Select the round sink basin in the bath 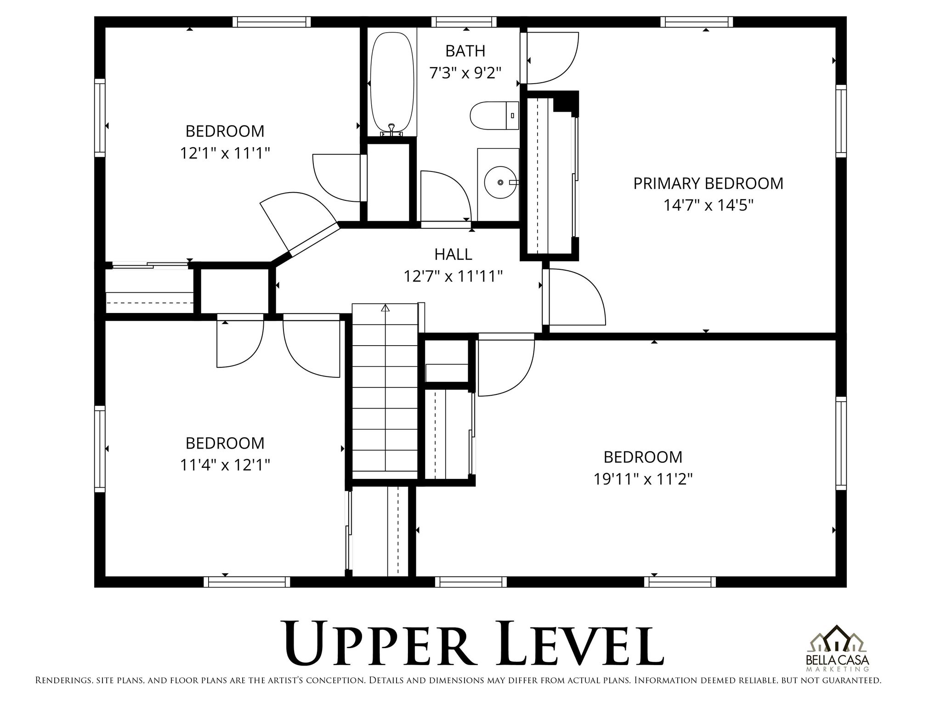pos(500,182)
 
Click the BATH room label pos(465,51)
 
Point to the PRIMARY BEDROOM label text pos(708,183)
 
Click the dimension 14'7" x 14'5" pos(708,205)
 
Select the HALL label pos(453,254)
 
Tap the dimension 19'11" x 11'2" pos(642,479)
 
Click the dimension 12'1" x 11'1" pos(224,153)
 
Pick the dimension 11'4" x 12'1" pos(224,465)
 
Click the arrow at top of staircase pos(385,308)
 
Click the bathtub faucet pos(391,129)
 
